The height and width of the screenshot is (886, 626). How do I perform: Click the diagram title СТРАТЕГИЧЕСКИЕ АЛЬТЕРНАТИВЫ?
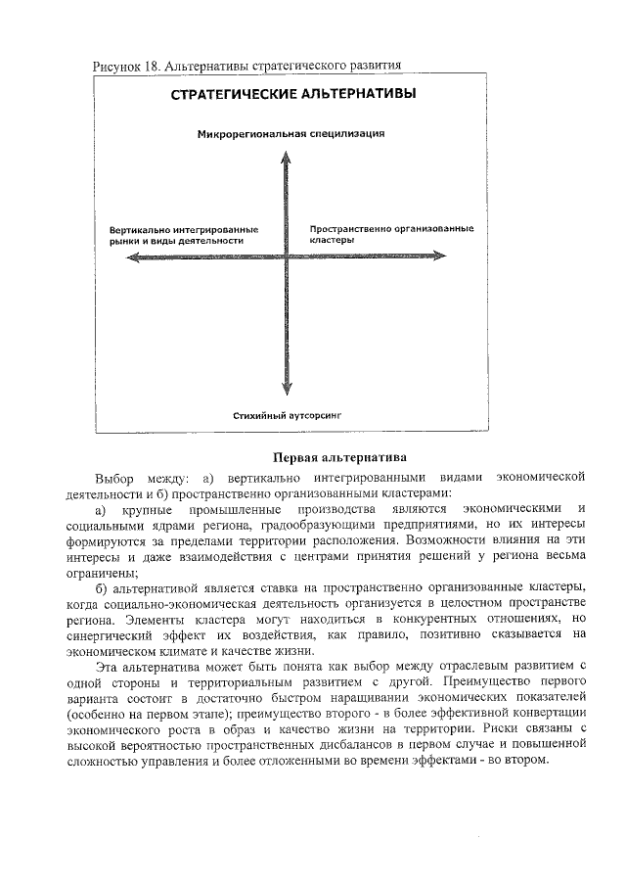[x=291, y=95]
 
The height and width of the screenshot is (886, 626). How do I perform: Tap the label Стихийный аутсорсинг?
[x=288, y=416]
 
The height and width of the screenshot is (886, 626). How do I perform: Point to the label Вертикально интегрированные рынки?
[x=176, y=234]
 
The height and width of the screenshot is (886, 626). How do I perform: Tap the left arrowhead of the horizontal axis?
[x=119, y=257]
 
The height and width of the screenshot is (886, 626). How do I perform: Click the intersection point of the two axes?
[x=285, y=257]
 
